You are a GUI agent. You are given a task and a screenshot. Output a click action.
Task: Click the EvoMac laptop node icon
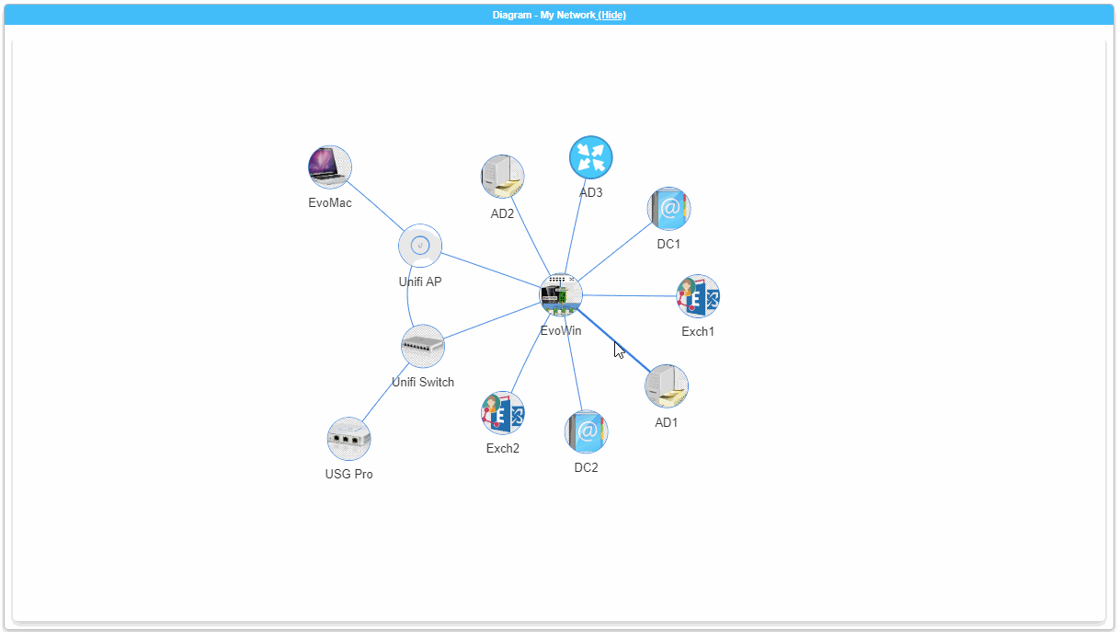[329, 167]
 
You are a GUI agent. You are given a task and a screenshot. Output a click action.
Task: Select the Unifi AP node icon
[420, 246]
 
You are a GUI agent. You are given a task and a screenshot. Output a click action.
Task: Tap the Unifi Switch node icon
[423, 346]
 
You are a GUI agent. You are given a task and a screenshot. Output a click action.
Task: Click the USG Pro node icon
[349, 439]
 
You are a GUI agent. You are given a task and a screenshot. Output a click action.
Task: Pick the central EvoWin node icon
[561, 294]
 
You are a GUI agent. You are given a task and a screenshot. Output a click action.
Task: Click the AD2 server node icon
[503, 177]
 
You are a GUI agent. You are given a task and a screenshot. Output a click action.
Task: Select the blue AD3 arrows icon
[590, 157]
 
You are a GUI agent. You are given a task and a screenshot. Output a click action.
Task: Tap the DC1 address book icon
[668, 209]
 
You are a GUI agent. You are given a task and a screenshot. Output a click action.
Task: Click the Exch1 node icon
[698, 296]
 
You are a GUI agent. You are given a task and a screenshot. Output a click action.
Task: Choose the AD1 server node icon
[667, 386]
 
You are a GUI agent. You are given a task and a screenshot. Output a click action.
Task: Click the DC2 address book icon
[586, 431]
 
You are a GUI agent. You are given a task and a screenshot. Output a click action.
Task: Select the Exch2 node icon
[503, 413]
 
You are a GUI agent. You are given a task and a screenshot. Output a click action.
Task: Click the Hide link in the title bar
[612, 15]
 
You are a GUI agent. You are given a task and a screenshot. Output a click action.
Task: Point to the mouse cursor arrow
[618, 349]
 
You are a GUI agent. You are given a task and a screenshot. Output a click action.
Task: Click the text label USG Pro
[349, 475]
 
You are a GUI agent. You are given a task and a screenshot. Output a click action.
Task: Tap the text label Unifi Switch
[423, 382]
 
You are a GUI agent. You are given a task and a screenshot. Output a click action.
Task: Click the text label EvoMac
[330, 203]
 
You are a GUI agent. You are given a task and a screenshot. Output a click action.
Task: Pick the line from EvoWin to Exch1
[630, 295]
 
